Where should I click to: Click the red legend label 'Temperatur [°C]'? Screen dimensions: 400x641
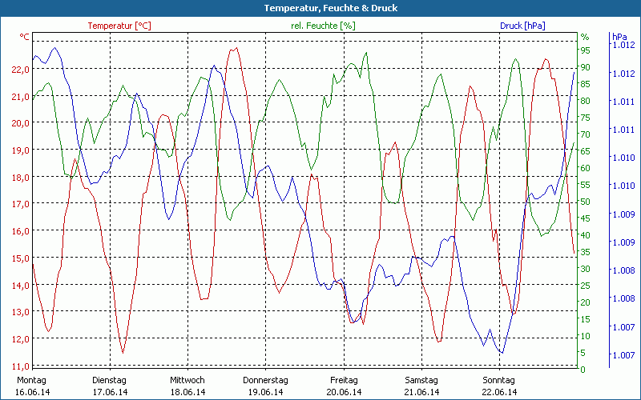coord(119,26)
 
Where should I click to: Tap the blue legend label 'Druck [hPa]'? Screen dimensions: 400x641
coord(522,26)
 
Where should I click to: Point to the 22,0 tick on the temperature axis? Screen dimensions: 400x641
coord(21,70)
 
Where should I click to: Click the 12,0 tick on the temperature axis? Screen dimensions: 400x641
coord(21,338)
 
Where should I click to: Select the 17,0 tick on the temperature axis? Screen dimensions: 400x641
coord(21,204)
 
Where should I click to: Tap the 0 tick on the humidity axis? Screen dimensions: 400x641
coord(583,370)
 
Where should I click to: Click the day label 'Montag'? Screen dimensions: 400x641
coord(31,380)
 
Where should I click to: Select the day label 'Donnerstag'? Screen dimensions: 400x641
coord(265,380)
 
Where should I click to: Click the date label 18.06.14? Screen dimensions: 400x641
coord(187,392)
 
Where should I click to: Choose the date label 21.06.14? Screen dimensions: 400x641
coord(421,392)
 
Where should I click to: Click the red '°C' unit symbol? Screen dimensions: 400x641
coord(24,37)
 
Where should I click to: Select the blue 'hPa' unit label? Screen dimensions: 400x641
coord(619,37)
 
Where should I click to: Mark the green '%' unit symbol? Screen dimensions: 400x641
coord(585,37)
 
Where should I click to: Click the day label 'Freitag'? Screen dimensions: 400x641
coord(345,380)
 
